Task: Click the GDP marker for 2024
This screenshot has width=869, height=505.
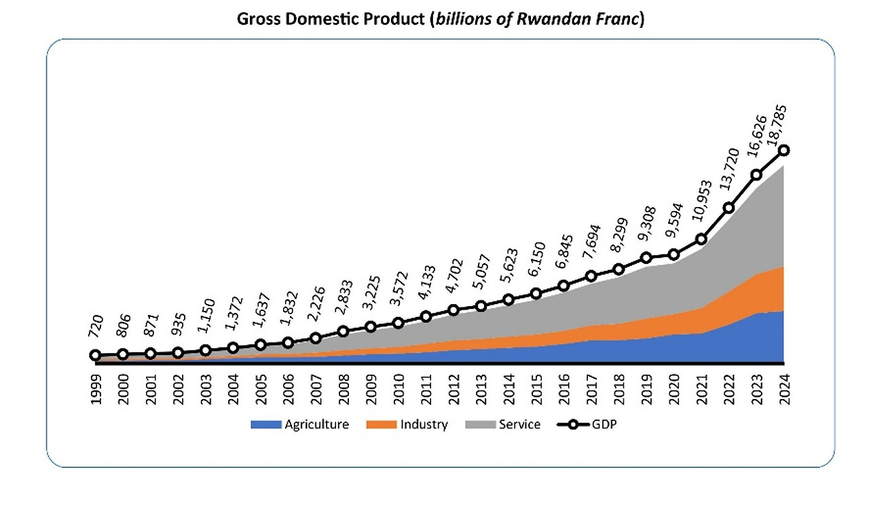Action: click(783, 150)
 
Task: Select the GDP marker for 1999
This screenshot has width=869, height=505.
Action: click(96, 355)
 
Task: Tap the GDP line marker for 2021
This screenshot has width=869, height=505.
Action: click(701, 239)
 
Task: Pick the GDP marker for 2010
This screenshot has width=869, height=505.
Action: click(399, 323)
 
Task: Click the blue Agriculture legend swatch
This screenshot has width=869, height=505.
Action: click(265, 425)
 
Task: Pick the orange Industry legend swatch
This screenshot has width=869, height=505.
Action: click(381, 425)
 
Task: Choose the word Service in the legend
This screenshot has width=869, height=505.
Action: click(519, 425)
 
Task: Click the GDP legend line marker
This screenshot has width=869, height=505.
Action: click(572, 425)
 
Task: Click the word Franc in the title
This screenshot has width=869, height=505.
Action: click(619, 18)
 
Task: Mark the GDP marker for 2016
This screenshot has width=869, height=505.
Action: click(563, 286)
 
